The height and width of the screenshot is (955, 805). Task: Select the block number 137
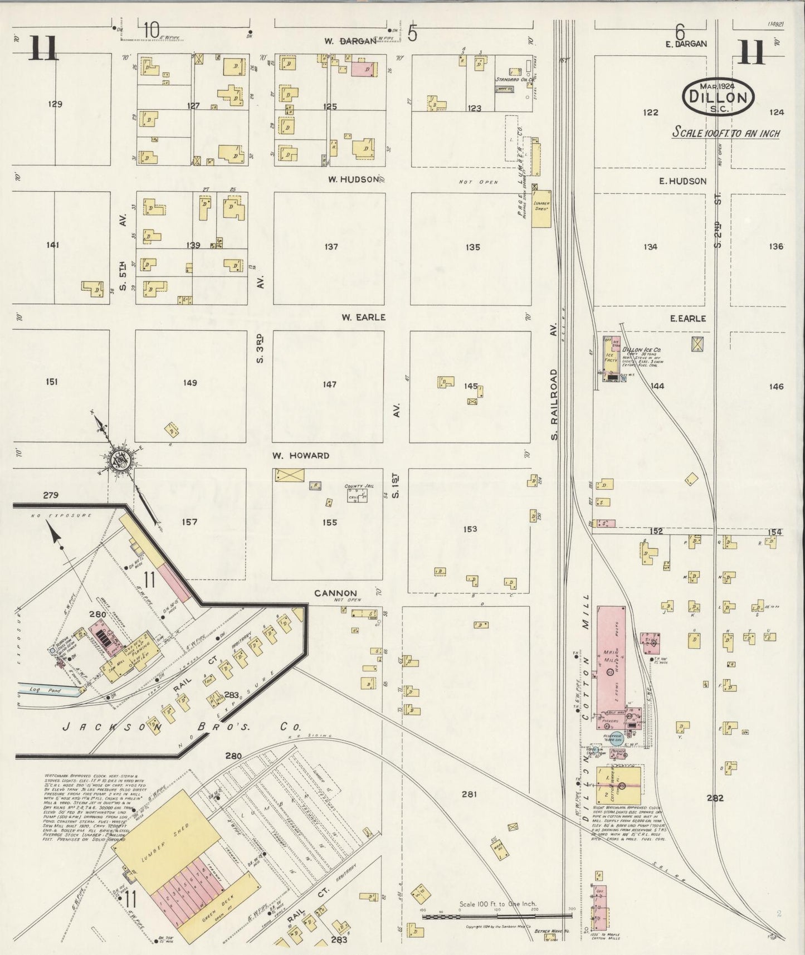(331, 247)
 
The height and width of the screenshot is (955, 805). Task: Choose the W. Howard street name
(301, 455)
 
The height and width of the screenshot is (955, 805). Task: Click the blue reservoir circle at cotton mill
(616, 739)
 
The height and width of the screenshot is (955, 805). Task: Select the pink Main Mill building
(611, 657)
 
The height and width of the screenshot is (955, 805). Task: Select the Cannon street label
(335, 593)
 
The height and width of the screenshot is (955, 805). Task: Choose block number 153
(470, 529)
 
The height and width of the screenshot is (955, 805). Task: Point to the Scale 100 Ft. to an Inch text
(726, 133)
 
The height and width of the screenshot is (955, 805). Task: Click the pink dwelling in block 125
(362, 68)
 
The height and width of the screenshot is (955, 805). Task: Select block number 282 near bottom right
(715, 798)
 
